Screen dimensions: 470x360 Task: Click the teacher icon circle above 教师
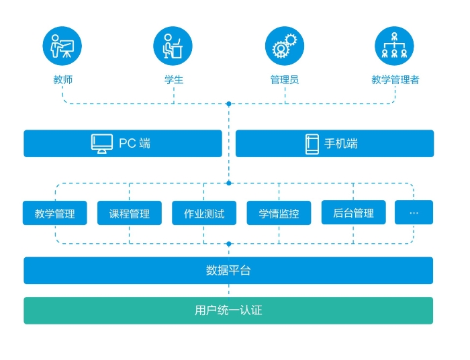pyautogui.click(x=62, y=46)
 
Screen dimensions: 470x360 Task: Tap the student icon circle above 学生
pyautogui.click(x=173, y=46)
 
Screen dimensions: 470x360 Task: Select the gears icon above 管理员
pyautogui.click(x=285, y=46)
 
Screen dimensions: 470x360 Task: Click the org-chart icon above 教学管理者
pyautogui.click(x=394, y=46)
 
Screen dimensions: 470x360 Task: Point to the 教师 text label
pyautogui.click(x=63, y=80)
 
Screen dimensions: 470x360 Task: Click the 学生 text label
pyautogui.click(x=174, y=80)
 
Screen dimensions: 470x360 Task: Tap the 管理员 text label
pyautogui.click(x=285, y=80)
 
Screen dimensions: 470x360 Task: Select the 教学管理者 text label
pyautogui.click(x=395, y=80)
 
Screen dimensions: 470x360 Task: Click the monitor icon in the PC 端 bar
pyautogui.click(x=102, y=144)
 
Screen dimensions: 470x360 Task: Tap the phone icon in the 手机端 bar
pyautogui.click(x=312, y=144)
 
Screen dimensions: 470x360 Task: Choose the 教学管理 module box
pyautogui.click(x=55, y=213)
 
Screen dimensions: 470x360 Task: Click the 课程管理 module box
pyautogui.click(x=130, y=213)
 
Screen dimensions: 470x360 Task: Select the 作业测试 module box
pyautogui.click(x=204, y=213)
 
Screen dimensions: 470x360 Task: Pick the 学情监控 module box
pyautogui.click(x=279, y=213)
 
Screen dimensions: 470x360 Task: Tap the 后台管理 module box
pyautogui.click(x=354, y=212)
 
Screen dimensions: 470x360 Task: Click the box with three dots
pyautogui.click(x=414, y=212)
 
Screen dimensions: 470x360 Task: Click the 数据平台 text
pyautogui.click(x=228, y=271)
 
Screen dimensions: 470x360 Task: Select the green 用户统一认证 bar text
pyautogui.click(x=228, y=310)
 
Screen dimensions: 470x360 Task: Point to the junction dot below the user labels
pyautogui.click(x=229, y=104)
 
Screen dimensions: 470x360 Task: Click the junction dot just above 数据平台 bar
pyautogui.click(x=229, y=244)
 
